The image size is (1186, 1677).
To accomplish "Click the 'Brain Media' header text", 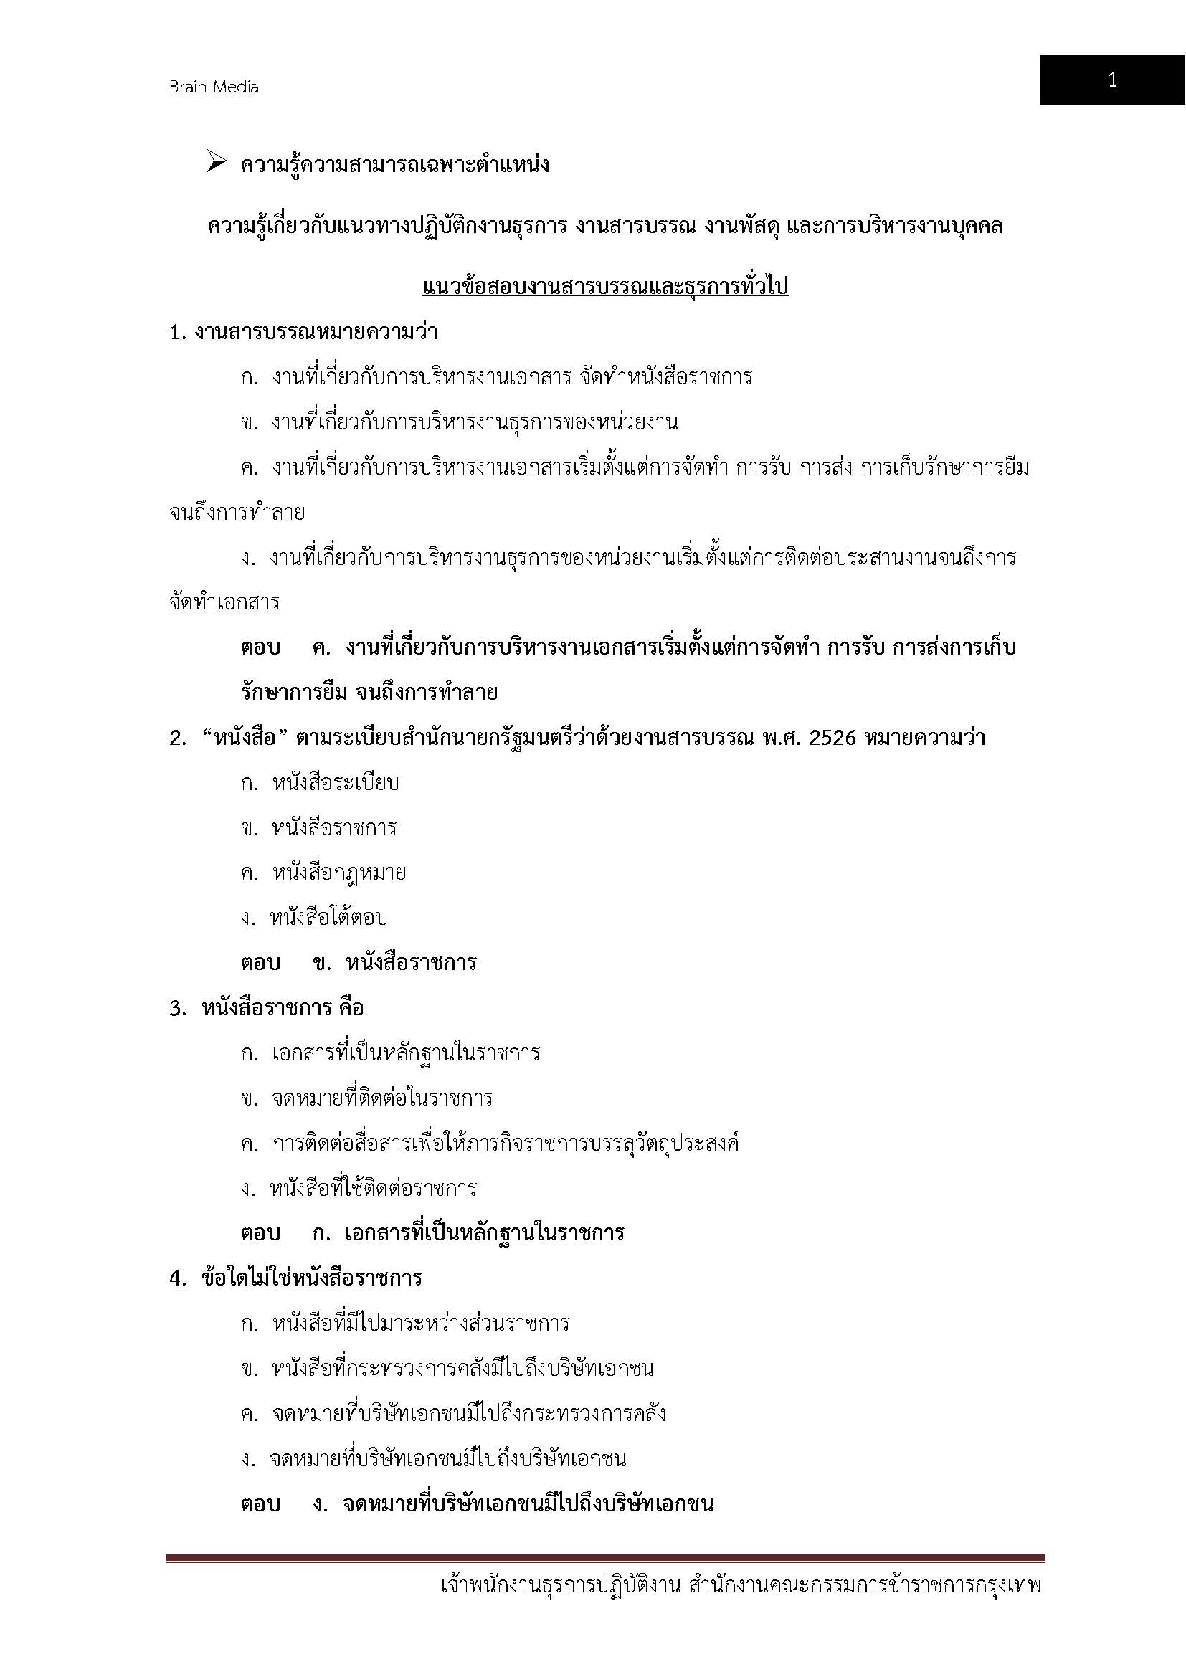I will [x=214, y=87].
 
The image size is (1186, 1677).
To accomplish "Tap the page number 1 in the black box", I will [x=1111, y=80].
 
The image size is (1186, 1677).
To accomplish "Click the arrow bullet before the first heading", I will [x=216, y=162].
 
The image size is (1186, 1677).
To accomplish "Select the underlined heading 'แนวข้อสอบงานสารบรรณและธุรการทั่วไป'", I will [x=604, y=287].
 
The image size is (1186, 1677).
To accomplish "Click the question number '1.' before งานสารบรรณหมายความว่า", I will [x=179, y=333].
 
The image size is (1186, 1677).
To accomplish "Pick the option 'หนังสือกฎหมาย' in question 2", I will [x=339, y=873].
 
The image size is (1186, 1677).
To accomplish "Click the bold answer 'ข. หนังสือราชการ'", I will [x=395, y=963].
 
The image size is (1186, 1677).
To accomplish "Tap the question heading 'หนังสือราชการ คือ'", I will [x=283, y=1008].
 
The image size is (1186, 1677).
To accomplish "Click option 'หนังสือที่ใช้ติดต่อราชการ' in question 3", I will [x=372, y=1188].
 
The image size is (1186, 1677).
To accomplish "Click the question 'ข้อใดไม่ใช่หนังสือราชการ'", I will [x=312, y=1278].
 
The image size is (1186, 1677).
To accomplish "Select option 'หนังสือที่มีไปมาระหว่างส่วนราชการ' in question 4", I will [x=421, y=1324].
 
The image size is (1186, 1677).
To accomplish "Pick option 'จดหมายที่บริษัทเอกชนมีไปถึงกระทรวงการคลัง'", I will [x=468, y=1413].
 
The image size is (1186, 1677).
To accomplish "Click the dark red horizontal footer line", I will [x=605, y=1559].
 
